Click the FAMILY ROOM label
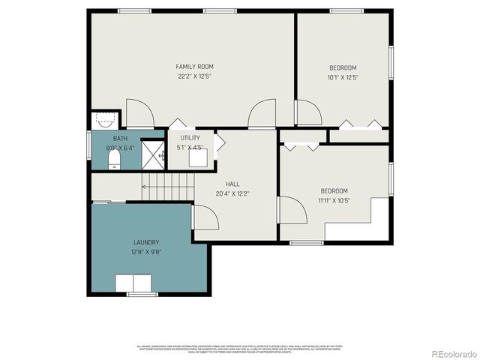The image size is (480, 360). click(195, 67)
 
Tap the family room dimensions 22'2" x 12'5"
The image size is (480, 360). click(195, 76)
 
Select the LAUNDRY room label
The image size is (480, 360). click(146, 242)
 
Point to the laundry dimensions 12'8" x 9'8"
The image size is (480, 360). click(146, 252)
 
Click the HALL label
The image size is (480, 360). click(232, 184)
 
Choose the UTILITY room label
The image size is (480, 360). click(190, 138)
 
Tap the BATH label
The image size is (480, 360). click(120, 139)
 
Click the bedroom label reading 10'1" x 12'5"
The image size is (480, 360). click(343, 76)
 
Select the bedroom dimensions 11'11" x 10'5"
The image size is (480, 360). click(335, 200)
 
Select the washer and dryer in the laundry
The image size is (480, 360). click(133, 283)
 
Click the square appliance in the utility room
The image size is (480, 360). click(197, 158)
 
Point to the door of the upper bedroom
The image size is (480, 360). click(308, 112)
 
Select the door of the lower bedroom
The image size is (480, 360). click(292, 210)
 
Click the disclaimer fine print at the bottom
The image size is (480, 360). click(240, 349)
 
